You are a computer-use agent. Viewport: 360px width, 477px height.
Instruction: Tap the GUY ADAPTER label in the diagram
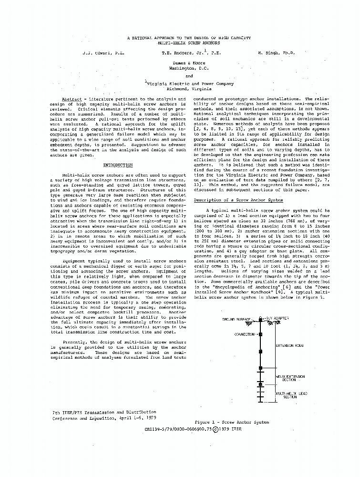point(276,319)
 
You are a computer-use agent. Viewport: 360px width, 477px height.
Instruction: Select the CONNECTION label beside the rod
point(244,334)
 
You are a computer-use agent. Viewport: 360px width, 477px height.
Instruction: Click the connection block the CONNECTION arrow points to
point(260,334)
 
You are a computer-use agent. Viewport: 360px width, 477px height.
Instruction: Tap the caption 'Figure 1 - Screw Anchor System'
point(232,422)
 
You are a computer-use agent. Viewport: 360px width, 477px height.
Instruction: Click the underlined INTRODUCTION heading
point(118,165)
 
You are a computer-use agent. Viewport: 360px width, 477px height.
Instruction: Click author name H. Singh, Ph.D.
point(276,53)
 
